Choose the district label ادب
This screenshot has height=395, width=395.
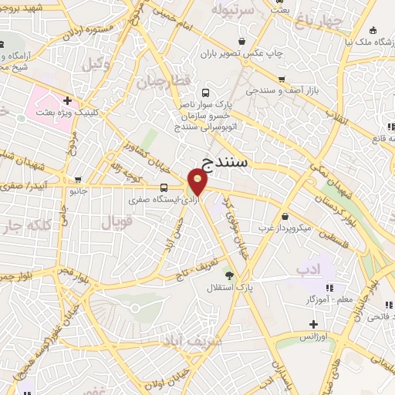point(307,268)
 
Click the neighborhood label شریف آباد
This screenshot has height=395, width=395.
point(193,339)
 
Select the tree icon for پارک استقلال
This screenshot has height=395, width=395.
point(228,274)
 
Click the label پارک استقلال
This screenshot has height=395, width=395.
point(224,288)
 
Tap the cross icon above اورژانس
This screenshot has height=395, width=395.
point(312,323)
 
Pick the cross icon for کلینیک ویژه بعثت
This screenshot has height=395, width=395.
point(67,100)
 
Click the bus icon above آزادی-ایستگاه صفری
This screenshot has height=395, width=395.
point(164,187)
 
